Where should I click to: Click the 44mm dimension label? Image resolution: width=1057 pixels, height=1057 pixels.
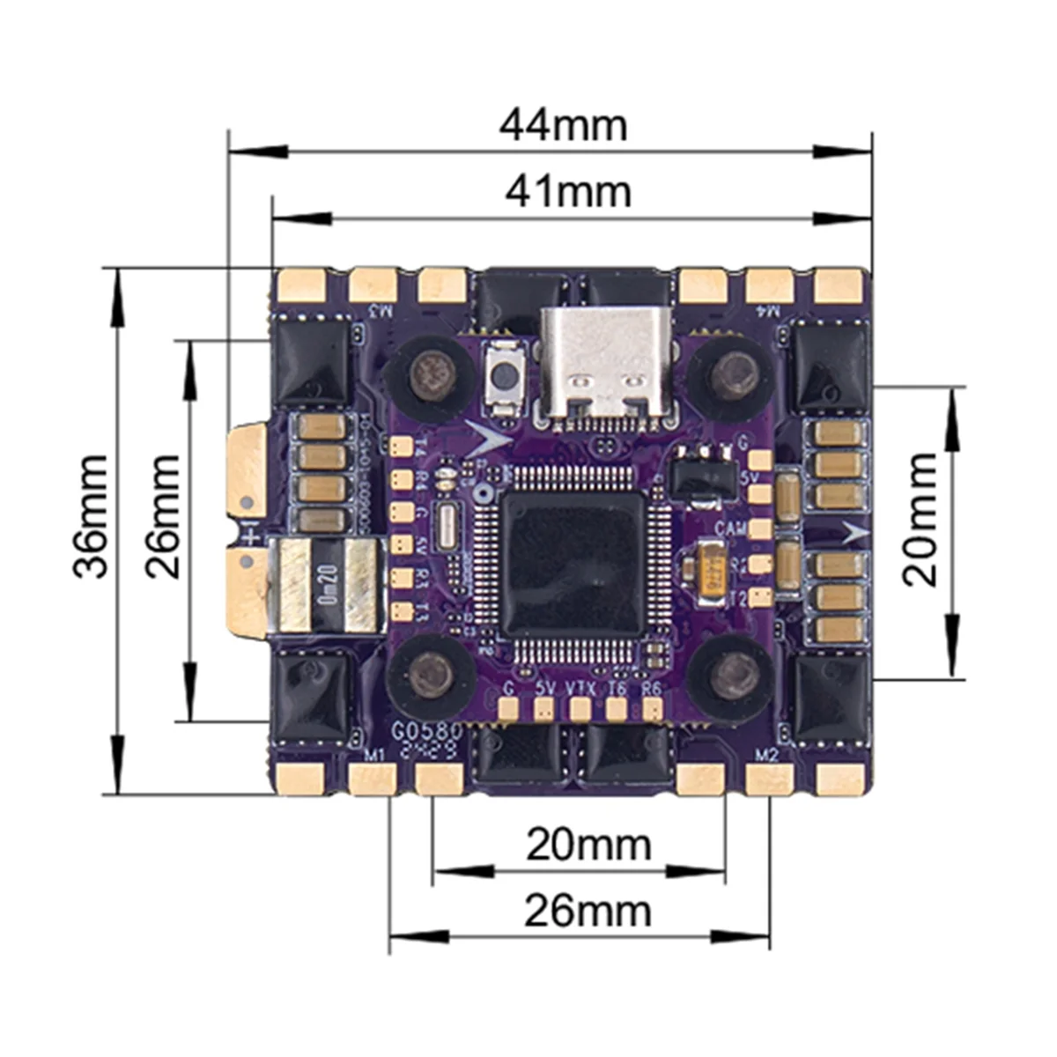coord(563,125)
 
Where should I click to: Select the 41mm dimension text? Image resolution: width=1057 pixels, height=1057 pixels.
coord(568,191)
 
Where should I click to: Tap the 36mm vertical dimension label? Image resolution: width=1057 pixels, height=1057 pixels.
coord(92,516)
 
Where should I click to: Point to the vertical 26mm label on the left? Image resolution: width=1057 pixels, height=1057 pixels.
coord(164,516)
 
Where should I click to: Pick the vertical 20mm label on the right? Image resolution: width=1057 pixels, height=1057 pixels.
coord(921,520)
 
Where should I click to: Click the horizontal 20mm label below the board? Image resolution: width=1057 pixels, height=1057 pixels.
coord(588,846)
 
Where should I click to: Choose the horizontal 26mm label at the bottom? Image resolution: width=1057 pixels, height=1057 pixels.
coord(588,911)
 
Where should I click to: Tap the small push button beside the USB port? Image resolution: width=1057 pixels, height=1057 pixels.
coord(505,376)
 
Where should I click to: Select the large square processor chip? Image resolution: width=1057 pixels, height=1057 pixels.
coord(573,564)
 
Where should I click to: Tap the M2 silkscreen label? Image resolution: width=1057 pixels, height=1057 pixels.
coord(767,754)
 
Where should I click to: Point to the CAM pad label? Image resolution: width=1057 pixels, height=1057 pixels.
coord(731,528)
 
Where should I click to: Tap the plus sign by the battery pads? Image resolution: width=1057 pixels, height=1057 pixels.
coord(251,536)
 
